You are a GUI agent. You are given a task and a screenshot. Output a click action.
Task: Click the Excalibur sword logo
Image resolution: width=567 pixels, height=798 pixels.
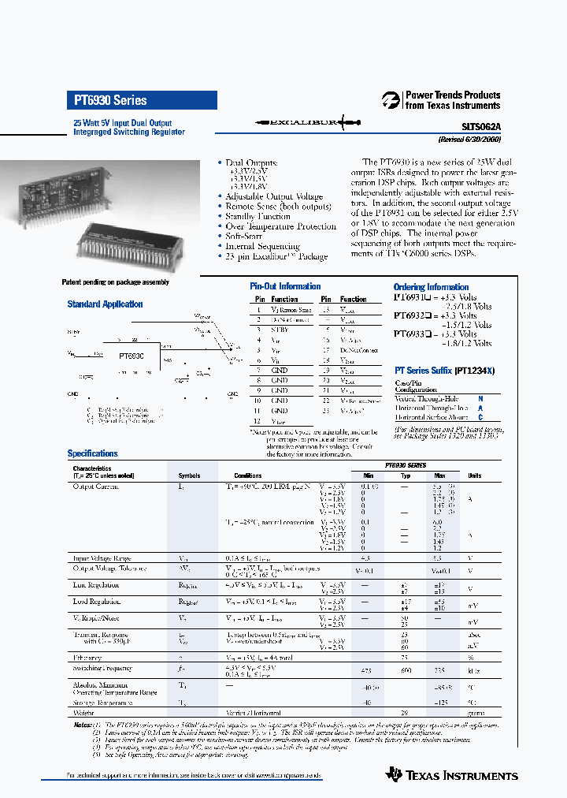307,123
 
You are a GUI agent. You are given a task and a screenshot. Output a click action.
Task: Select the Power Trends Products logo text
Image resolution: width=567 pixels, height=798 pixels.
452,100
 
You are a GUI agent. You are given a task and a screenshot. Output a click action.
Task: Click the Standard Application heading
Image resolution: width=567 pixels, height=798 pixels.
105,304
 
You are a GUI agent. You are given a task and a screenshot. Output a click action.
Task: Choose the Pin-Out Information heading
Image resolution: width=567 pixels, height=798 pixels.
285,286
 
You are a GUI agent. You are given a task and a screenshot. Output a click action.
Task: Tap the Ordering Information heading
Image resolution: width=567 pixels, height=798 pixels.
432,287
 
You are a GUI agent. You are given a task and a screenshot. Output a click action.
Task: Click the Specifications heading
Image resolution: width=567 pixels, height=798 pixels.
93,453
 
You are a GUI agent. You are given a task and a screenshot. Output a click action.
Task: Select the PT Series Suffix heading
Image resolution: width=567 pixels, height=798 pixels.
446,370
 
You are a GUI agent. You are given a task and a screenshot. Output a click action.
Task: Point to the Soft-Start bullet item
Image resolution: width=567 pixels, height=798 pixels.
244,236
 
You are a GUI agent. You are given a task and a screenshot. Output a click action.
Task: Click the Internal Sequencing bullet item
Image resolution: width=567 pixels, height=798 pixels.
263,246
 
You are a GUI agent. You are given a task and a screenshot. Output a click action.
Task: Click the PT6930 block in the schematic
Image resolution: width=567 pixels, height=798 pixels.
131,356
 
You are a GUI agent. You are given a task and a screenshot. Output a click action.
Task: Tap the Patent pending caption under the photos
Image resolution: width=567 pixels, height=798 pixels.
115,282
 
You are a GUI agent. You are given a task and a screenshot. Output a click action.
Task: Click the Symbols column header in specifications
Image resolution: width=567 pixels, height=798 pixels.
189,475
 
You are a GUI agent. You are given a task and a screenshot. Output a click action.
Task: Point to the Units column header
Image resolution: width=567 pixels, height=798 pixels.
475,475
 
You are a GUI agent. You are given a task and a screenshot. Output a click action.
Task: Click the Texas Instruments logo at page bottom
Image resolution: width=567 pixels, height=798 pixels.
452,776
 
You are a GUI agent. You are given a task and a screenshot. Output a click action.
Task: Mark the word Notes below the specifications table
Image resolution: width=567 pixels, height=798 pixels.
83,724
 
